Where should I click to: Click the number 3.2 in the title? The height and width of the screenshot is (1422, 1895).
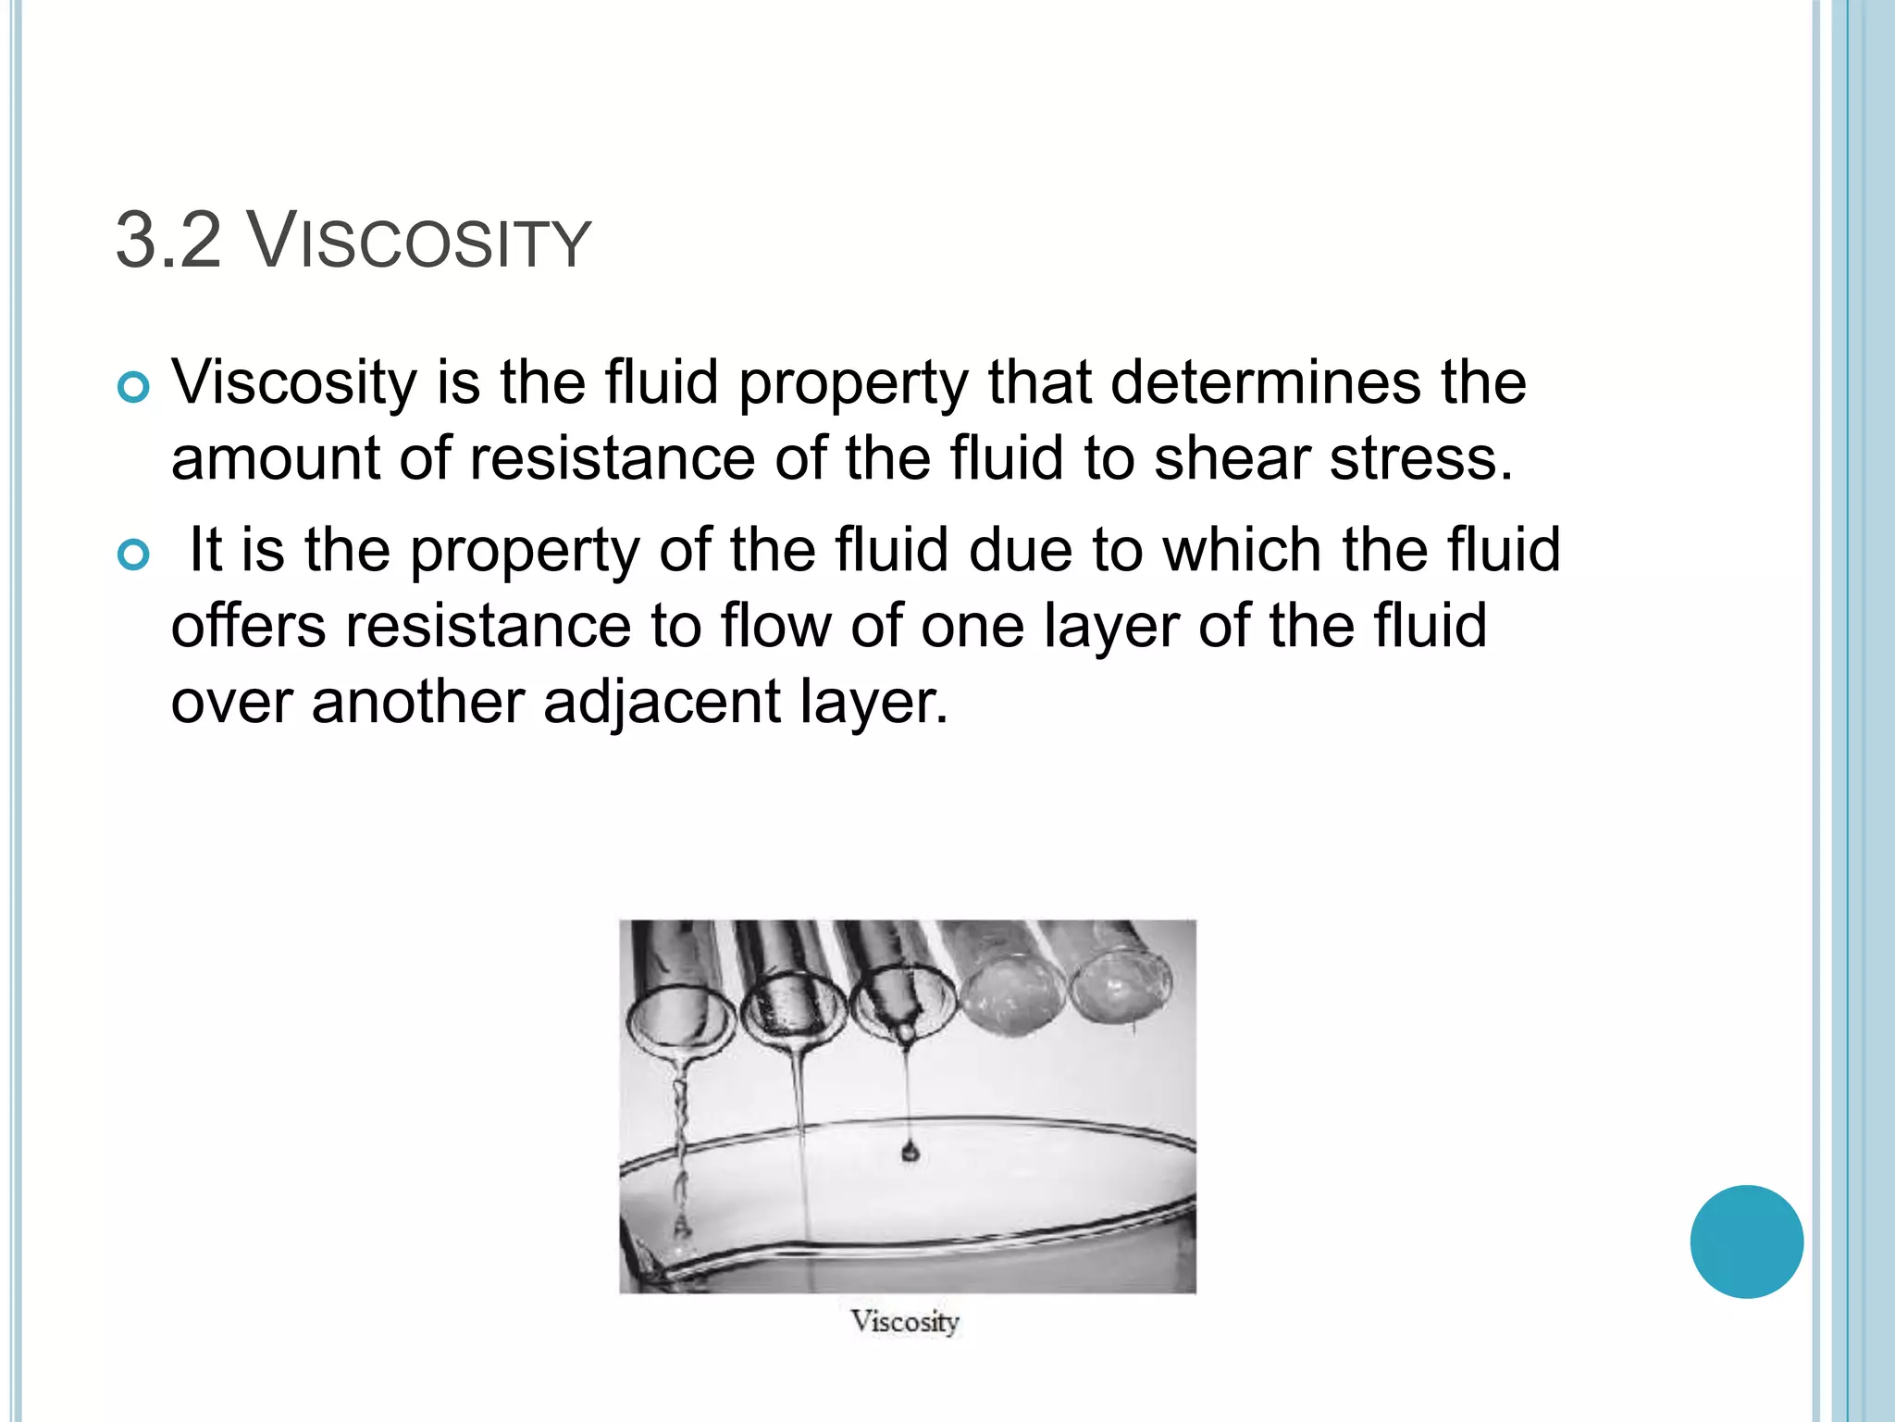(168, 242)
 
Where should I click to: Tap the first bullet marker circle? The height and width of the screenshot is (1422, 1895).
(134, 388)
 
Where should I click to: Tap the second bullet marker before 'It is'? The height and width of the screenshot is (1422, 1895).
(134, 555)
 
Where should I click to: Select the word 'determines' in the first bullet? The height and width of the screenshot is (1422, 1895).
(1265, 381)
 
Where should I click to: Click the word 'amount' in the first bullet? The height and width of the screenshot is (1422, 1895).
(275, 458)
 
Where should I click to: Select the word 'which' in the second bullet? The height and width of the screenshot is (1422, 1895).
(1243, 549)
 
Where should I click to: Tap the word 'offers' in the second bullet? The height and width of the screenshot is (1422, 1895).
(248, 625)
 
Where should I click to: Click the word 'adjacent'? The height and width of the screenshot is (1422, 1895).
(663, 702)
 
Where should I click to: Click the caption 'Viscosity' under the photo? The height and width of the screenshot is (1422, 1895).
(905, 1321)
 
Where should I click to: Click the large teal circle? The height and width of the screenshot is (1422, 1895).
(1746, 1241)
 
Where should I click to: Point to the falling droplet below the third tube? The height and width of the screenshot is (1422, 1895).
(910, 1152)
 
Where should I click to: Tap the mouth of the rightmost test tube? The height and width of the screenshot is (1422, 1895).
(1121, 987)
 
